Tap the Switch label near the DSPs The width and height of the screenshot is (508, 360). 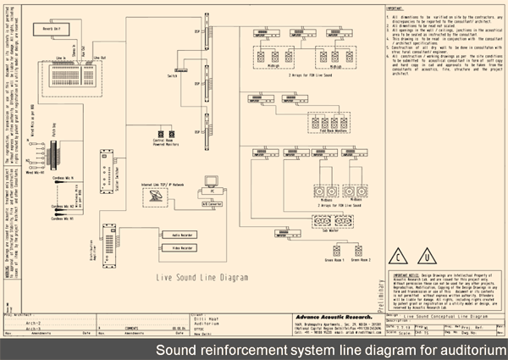pos(180,69)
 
